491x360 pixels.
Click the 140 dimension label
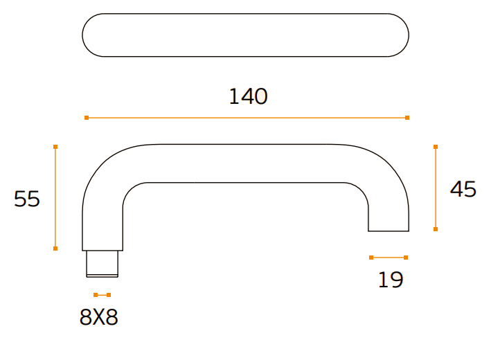249,96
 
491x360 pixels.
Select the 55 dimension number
27,199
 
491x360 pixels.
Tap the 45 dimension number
463,189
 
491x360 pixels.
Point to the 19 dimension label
391,280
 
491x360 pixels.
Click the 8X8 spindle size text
98,317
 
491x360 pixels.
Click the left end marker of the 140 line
87,118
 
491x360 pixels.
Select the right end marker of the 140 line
407,118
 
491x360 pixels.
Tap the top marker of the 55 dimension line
55,147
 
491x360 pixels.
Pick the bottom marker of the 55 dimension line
55,249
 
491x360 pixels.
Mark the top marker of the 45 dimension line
436,147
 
